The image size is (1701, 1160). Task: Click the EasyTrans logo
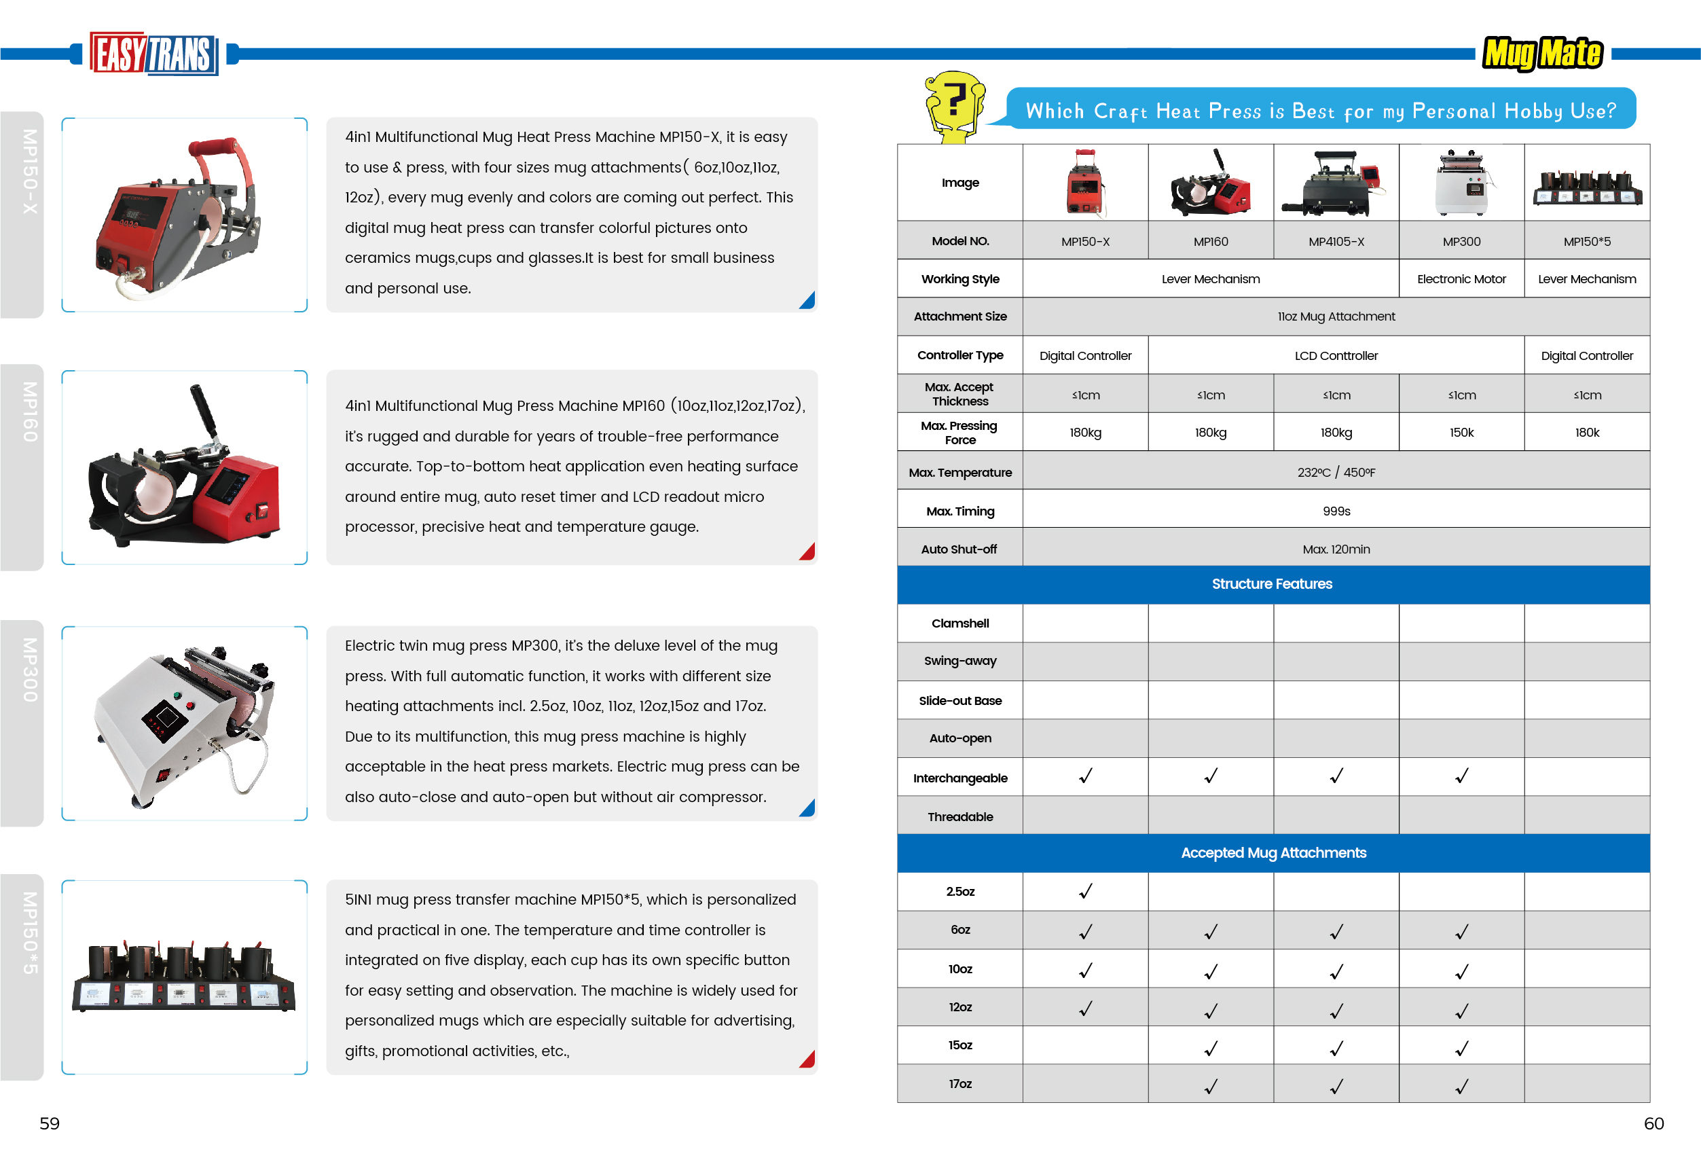153,54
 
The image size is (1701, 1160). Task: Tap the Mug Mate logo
1542,54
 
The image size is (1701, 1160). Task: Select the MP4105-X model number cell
1336,242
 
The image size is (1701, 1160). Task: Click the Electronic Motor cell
1461,279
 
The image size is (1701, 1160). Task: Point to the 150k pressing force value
1461,433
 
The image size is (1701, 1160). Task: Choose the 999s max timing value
1336,511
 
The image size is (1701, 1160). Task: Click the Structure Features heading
1272,584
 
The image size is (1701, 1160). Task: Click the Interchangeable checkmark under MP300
1461,776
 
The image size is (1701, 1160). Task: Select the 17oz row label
959,1084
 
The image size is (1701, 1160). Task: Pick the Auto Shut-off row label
959,549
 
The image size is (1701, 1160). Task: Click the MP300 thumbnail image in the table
1461,183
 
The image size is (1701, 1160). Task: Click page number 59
49,1123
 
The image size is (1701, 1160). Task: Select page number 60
1653,1123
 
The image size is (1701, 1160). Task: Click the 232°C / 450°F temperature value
1336,473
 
